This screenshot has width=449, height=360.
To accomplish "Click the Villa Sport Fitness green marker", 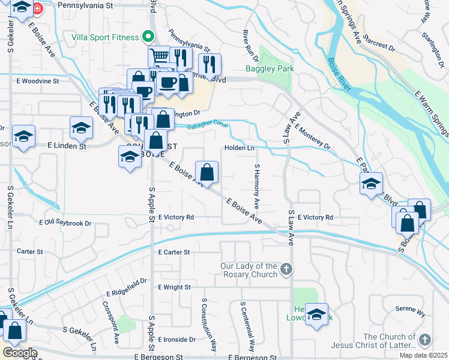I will [146, 37].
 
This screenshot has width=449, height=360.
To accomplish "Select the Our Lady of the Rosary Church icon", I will [286, 270].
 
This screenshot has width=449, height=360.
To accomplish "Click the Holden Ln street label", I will [240, 148].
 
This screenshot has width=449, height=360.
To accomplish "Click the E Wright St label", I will [174, 287].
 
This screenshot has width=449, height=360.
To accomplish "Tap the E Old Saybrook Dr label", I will [65, 223].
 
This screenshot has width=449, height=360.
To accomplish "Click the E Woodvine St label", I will [38, 80].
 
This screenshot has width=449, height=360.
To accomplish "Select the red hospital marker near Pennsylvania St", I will [38, 9].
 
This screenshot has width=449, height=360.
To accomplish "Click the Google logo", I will [20, 353].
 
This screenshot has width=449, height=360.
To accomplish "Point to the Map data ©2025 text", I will [423, 355].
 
